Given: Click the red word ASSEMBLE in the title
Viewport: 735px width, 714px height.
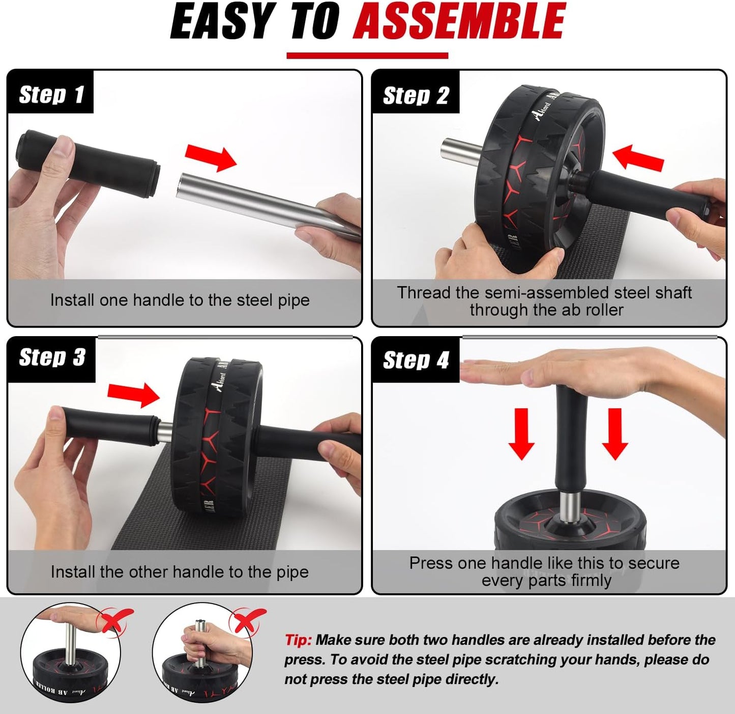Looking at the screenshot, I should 459,21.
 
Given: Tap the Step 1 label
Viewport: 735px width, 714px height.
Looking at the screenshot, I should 51,95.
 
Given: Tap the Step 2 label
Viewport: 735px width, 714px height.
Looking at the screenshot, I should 416,96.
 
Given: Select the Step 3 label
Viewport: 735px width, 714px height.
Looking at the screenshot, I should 52,358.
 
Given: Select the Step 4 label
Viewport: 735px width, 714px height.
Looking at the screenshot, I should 416,360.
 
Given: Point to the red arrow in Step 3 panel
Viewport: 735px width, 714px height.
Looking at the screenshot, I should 134,395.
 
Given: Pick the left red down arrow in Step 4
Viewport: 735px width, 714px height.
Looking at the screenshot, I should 521,434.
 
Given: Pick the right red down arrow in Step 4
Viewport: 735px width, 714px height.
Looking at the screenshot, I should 614,434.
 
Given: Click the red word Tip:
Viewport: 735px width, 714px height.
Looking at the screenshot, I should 298,640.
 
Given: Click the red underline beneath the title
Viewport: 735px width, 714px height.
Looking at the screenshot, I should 367,56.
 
